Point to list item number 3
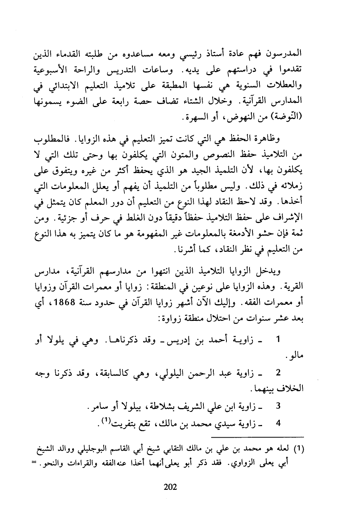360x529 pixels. [278, 405]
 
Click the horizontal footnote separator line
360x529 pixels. [257, 437]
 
